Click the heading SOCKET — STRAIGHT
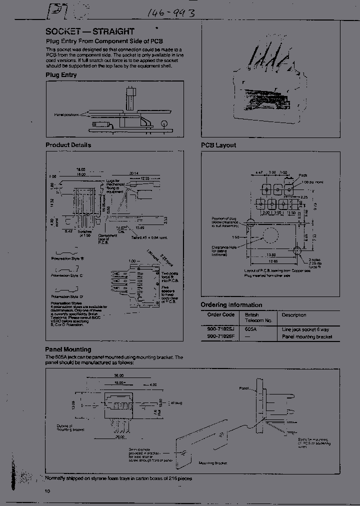coord(90,31)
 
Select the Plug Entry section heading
coord(61,75)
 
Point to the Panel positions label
coord(66,115)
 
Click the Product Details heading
coord(68,145)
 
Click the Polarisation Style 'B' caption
coord(68,259)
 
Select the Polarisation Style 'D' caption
coord(68,297)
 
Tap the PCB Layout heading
coord(218,145)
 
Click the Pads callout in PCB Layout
coord(303,175)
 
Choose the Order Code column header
coord(220,315)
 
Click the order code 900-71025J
coord(220,330)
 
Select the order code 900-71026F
coord(220,337)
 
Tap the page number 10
coord(47,492)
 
